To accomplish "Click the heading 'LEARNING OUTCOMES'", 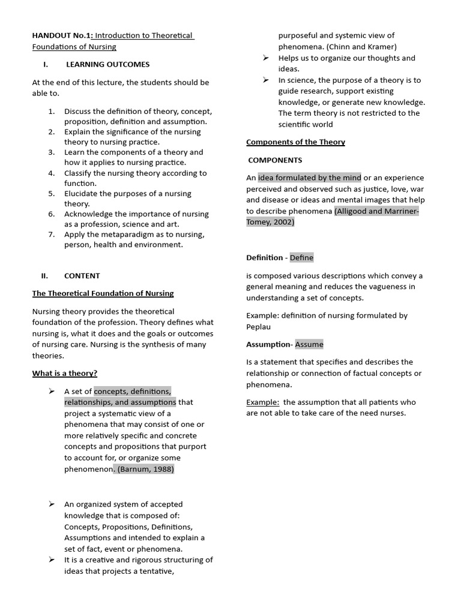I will [107, 64].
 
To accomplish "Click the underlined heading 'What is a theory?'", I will [64, 373].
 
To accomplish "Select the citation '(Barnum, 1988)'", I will [144, 469].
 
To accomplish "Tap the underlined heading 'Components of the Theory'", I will [295, 142].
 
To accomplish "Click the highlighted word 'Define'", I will [301, 258].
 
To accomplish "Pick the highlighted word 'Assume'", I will [309, 344].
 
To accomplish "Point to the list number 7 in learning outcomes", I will [52, 234].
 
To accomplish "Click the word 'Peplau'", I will [259, 327].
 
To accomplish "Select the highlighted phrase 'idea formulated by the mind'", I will [309, 177].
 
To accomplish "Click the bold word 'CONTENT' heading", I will [82, 276].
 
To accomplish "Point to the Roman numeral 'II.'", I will [44, 276].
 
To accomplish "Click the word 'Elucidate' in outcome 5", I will [82, 194].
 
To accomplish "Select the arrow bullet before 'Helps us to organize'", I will [265, 58].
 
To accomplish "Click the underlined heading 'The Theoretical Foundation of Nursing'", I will [103, 293].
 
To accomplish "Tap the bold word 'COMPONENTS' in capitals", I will [275, 160].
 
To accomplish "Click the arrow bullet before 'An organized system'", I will [52, 504].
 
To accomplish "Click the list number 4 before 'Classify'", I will [52, 173].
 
